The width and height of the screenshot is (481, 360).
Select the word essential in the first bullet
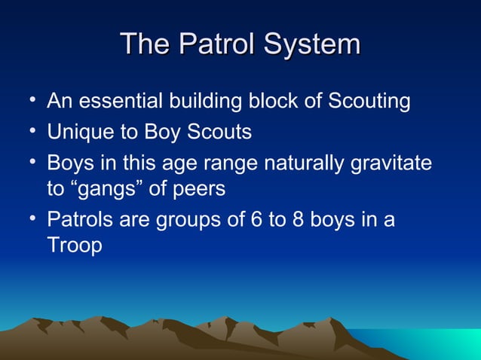pyautogui.click(x=118, y=101)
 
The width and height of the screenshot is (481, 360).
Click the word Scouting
pyautogui.click(x=369, y=101)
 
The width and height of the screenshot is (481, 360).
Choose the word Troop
pyautogui.click(x=74, y=246)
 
